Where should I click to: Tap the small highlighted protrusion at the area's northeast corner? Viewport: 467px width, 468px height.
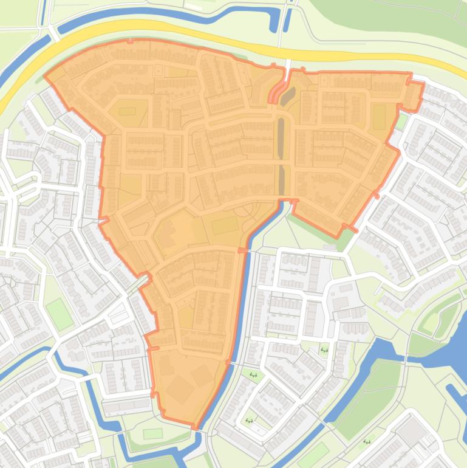[414, 96]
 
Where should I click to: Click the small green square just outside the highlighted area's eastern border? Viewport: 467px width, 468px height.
[401, 121]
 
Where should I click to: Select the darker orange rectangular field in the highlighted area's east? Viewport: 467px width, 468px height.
[379, 117]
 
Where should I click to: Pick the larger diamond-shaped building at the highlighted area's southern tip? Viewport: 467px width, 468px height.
[180, 389]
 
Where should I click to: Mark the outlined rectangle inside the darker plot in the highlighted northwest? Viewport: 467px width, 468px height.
[128, 111]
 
